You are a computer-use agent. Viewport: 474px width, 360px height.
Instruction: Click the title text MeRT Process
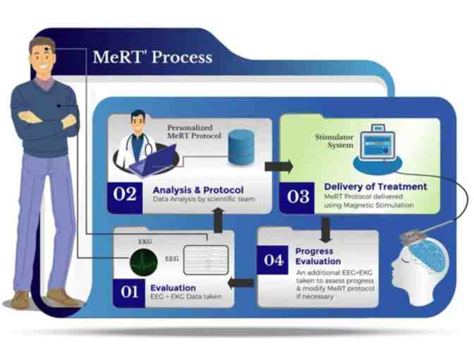point(152,57)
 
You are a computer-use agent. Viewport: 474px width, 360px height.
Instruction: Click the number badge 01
point(130,292)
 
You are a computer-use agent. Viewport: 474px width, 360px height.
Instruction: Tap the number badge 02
point(125,193)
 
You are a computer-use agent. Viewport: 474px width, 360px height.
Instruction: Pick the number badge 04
point(274,259)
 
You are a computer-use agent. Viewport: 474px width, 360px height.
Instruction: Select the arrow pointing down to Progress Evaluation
point(325,227)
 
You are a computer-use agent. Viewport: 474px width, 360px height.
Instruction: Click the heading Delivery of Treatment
point(375,186)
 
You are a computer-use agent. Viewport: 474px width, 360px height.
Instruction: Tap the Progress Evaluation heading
point(315,256)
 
